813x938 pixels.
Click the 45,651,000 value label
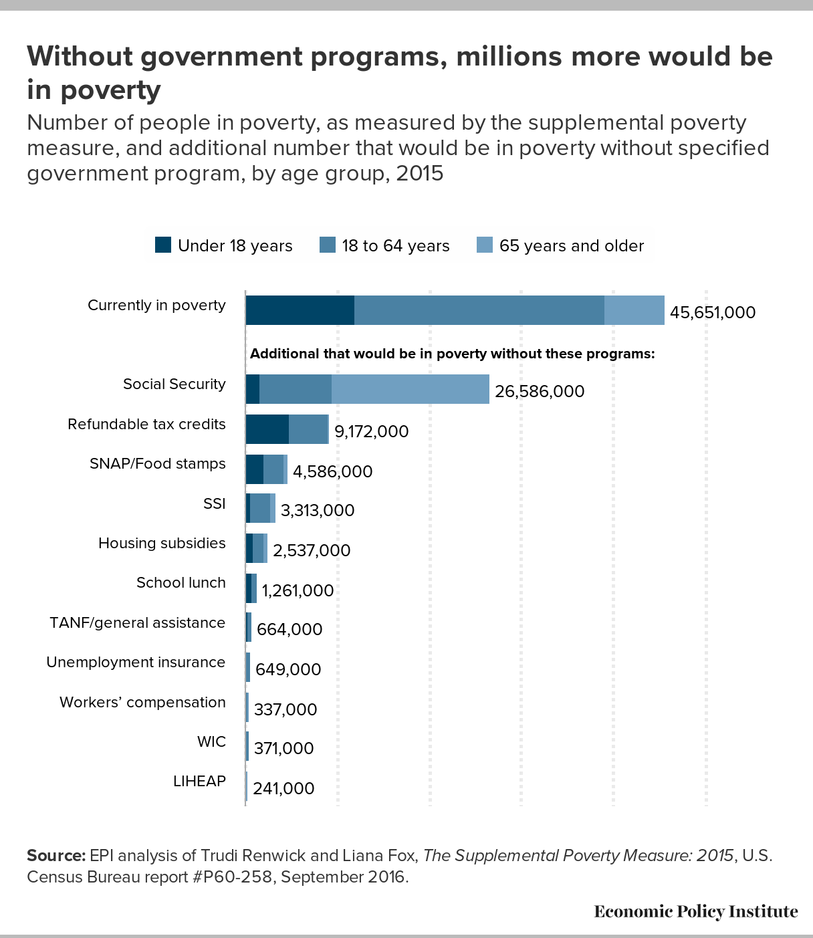coord(713,312)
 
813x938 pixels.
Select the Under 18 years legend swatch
coord(163,245)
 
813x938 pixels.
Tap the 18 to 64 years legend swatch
coord(328,245)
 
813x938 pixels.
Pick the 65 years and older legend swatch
coord(485,245)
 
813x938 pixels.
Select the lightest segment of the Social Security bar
coord(411,389)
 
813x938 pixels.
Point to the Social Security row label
coord(175,384)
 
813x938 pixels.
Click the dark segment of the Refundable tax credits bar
coord(267,429)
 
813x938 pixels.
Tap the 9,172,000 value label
coord(371,431)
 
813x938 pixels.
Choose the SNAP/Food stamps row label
coord(158,464)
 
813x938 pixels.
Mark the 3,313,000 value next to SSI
coord(318,511)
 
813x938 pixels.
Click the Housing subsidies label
coord(162,543)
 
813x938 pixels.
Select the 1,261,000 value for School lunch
coord(298,590)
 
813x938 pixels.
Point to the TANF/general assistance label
coord(137,622)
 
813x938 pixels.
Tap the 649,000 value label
coord(288,669)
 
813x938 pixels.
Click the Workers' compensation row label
coord(142,702)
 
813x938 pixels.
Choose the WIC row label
coord(211,741)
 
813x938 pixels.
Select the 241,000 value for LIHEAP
coord(283,788)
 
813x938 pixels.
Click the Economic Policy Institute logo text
coord(696,911)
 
